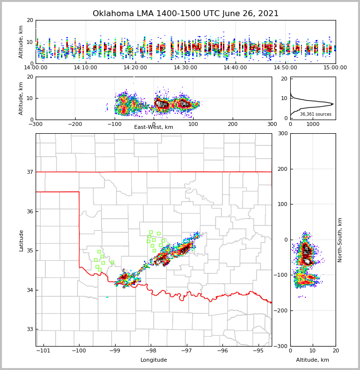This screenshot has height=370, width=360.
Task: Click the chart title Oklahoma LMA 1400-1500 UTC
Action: tap(185, 14)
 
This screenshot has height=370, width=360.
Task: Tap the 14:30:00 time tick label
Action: tap(185, 68)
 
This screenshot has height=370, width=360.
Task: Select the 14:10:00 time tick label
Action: tap(85, 68)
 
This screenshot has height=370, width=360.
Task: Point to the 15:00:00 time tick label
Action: tap(335, 68)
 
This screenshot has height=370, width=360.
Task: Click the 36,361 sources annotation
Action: tap(316, 115)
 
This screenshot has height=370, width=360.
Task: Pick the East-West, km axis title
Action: tap(154, 127)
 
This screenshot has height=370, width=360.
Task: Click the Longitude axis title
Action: tap(154, 360)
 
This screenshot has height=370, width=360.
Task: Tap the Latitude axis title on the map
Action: tap(21, 240)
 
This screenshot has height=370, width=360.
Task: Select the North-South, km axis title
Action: tap(340, 240)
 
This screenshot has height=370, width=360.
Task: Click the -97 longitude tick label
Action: tap(186, 350)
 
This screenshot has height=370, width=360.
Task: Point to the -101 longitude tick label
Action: tap(43, 350)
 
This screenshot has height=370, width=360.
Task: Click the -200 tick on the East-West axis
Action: tap(75, 124)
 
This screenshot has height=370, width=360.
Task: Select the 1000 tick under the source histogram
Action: tap(313, 124)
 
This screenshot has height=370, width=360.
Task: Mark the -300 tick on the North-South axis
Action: tap(281, 346)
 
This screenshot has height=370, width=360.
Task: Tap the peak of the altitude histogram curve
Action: tap(333, 104)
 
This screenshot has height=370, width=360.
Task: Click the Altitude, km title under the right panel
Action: tap(313, 360)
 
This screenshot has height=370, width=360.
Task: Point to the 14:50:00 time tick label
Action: tap(285, 68)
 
